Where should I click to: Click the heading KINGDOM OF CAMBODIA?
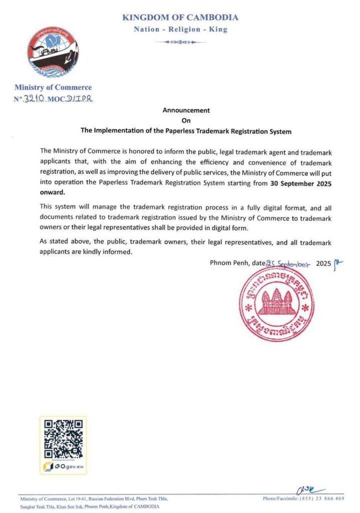coord(180,18)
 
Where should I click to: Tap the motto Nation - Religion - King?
coord(180,30)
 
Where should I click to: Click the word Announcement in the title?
coord(186,110)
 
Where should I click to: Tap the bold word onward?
coord(52,192)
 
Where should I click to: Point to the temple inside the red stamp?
coord(277,302)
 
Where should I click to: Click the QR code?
coord(63,439)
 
